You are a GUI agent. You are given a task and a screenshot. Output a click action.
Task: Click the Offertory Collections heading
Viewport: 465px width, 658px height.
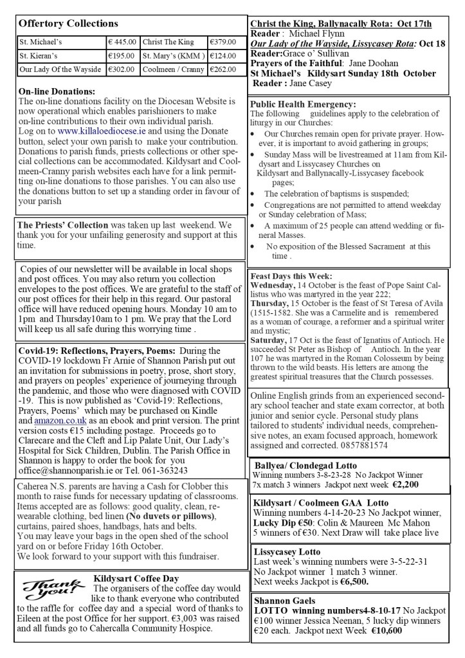(x=69, y=23)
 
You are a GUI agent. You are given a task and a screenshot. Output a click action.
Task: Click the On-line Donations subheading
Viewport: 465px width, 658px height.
(x=57, y=92)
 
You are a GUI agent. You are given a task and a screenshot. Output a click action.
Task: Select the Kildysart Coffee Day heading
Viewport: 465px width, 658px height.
(x=136, y=579)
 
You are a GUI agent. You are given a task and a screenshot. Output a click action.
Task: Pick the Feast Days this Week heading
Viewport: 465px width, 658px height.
(x=289, y=275)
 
